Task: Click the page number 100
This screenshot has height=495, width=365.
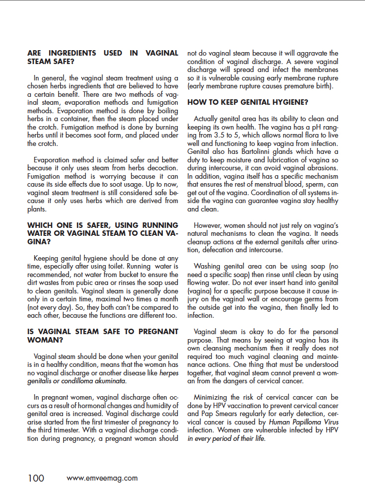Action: (36, 478)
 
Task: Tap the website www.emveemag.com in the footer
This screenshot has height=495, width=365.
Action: (102, 479)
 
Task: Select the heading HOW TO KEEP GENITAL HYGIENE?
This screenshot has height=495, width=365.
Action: (248, 102)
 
